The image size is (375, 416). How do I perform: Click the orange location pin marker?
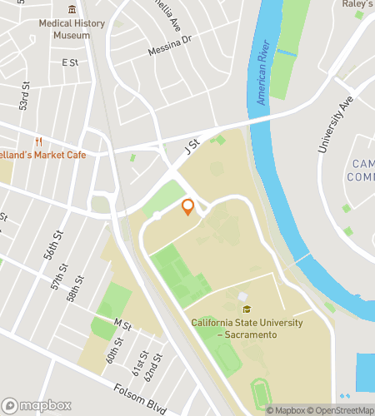(x=187, y=206)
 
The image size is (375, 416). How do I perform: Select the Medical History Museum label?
(x=72, y=29)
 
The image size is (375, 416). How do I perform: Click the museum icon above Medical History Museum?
(x=72, y=9)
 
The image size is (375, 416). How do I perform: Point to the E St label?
(x=69, y=62)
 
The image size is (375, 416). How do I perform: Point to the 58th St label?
(x=76, y=289)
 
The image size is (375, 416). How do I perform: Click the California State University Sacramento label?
(x=245, y=327)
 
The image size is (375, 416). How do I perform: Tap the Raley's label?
(x=358, y=4)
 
